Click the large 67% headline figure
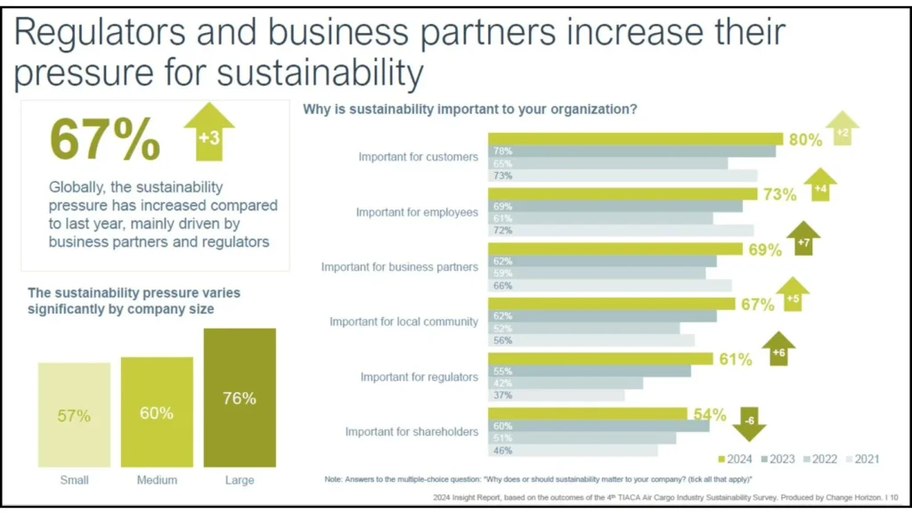[x=105, y=138]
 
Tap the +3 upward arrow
[x=208, y=133]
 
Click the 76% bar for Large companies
[x=239, y=397]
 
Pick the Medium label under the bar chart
[x=157, y=480]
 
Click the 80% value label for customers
[x=805, y=140]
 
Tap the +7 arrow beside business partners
[x=802, y=240]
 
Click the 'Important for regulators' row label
[x=419, y=377]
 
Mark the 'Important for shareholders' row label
[x=411, y=432]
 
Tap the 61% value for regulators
[x=735, y=360]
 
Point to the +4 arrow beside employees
[x=820, y=185]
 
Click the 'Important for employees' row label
[x=417, y=212]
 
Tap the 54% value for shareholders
[x=708, y=414]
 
